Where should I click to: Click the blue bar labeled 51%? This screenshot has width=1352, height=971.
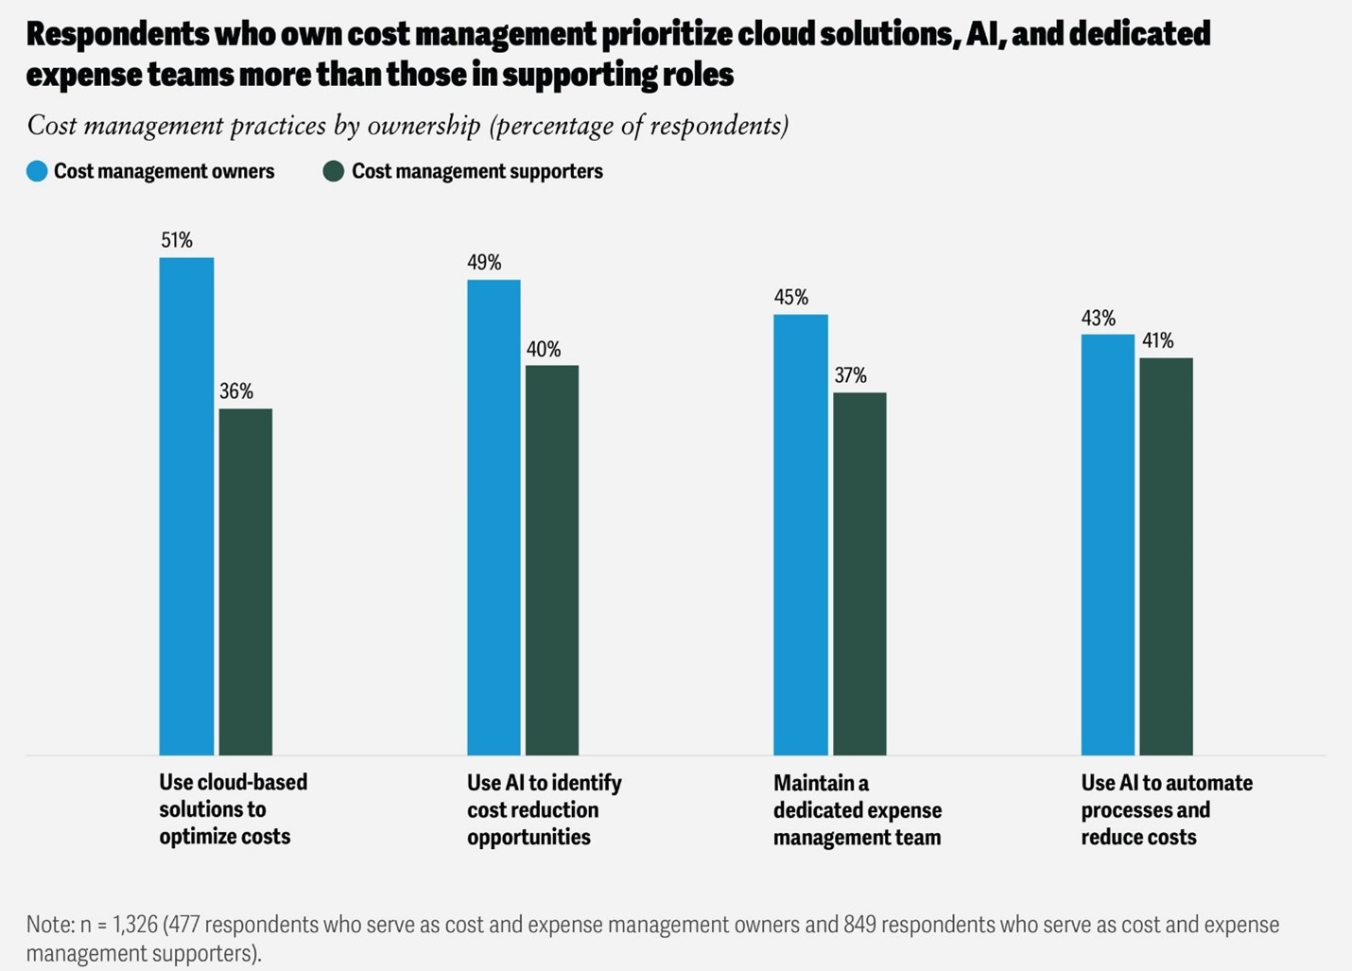pos(186,506)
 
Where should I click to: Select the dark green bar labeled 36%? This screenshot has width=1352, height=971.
pos(245,581)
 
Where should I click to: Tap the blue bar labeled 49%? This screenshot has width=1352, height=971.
pos(494,517)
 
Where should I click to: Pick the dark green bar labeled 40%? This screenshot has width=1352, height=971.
pos(552,560)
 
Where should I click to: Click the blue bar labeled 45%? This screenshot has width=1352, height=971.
pos(801,534)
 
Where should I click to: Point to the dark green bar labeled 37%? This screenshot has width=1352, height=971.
pos(859,573)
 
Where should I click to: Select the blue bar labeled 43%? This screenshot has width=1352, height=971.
pos(1108,545)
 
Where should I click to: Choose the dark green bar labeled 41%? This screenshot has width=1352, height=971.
pos(1166,556)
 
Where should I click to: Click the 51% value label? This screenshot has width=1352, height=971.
pos(177,240)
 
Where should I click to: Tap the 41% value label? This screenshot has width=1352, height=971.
pos(1157,340)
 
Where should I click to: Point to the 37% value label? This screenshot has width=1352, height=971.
pos(850,375)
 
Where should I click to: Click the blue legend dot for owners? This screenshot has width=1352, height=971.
pos(37,171)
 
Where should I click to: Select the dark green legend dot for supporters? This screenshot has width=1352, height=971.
pos(333,171)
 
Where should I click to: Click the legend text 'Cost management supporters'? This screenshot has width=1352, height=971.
pos(477,171)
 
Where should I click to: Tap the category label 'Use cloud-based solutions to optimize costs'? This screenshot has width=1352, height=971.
pos(233,809)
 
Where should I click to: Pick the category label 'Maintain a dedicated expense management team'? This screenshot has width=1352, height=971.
pos(857,810)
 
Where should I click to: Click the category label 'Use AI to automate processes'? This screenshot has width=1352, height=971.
pos(1166,810)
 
